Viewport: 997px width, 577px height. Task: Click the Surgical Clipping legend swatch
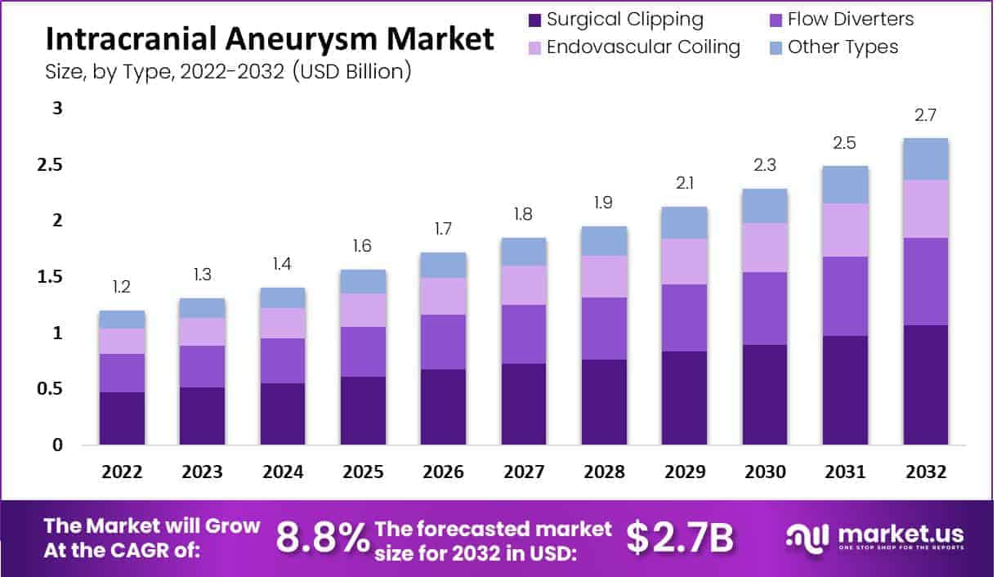click(534, 20)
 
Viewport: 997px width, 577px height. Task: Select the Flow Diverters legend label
click(851, 20)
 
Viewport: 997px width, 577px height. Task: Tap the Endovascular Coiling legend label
click(642, 47)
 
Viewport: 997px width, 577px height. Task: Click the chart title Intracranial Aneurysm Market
click(270, 38)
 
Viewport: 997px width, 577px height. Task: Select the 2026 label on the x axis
click(444, 472)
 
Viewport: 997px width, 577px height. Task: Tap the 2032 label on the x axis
click(926, 472)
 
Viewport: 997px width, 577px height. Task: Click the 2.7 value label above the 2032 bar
click(926, 116)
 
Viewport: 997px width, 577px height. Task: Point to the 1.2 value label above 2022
click(122, 288)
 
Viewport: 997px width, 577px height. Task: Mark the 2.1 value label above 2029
click(685, 184)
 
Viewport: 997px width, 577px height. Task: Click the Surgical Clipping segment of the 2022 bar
click(122, 418)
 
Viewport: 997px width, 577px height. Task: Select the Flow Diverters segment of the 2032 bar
click(926, 281)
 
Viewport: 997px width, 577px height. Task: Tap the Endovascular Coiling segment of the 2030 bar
click(765, 248)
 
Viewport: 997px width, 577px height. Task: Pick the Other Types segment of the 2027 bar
click(524, 252)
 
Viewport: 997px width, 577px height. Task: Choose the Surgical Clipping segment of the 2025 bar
click(363, 410)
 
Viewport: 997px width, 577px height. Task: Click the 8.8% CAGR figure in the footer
click(322, 538)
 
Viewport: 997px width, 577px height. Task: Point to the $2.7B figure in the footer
click(680, 538)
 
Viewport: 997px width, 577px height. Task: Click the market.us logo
click(874, 538)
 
